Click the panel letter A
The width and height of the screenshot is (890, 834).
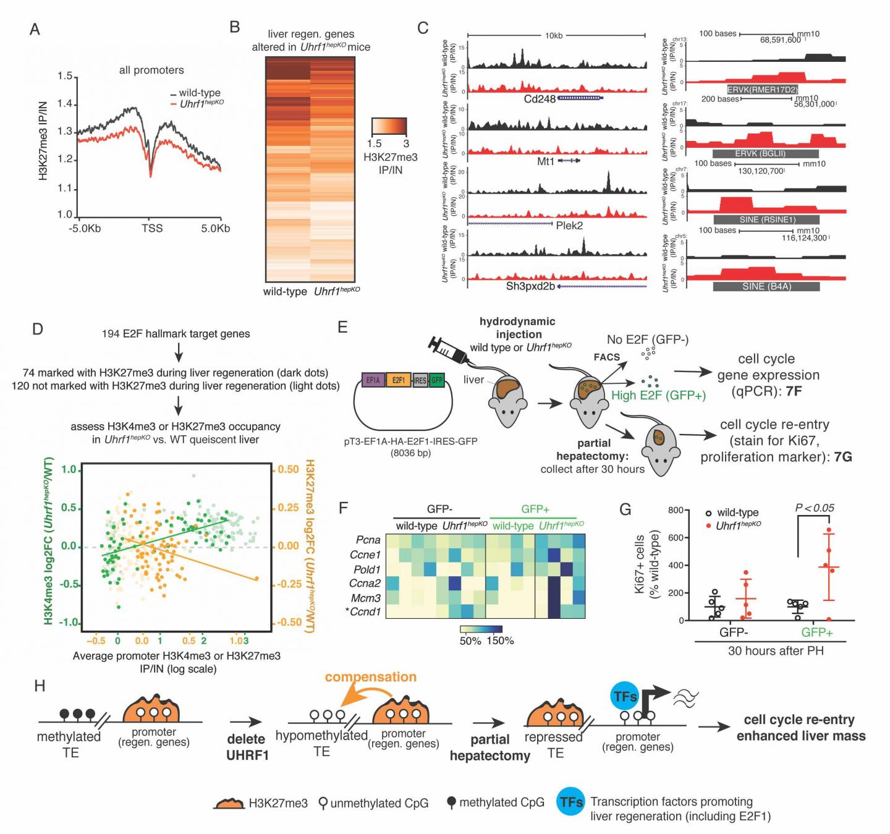point(35,30)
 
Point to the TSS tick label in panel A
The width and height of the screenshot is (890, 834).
point(152,228)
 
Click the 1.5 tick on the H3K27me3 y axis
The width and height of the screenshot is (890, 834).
point(65,76)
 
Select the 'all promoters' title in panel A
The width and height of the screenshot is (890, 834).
point(151,70)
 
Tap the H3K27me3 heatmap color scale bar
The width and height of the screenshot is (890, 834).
point(389,126)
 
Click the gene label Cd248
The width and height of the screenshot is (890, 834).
point(540,98)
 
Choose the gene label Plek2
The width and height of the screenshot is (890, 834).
point(569,226)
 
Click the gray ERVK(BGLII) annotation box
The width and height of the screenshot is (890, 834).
point(765,153)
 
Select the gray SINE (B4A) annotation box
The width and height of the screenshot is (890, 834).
point(766,286)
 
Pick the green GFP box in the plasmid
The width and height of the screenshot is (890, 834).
point(437,380)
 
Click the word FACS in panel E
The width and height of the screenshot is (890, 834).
point(606,357)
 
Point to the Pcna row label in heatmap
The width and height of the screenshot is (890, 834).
point(368,540)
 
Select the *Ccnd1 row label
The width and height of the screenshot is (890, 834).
point(365,611)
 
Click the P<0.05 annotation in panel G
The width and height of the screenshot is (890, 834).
point(814,508)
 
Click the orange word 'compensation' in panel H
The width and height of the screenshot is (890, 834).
point(370,677)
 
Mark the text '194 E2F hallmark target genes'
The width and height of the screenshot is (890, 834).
point(176,334)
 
